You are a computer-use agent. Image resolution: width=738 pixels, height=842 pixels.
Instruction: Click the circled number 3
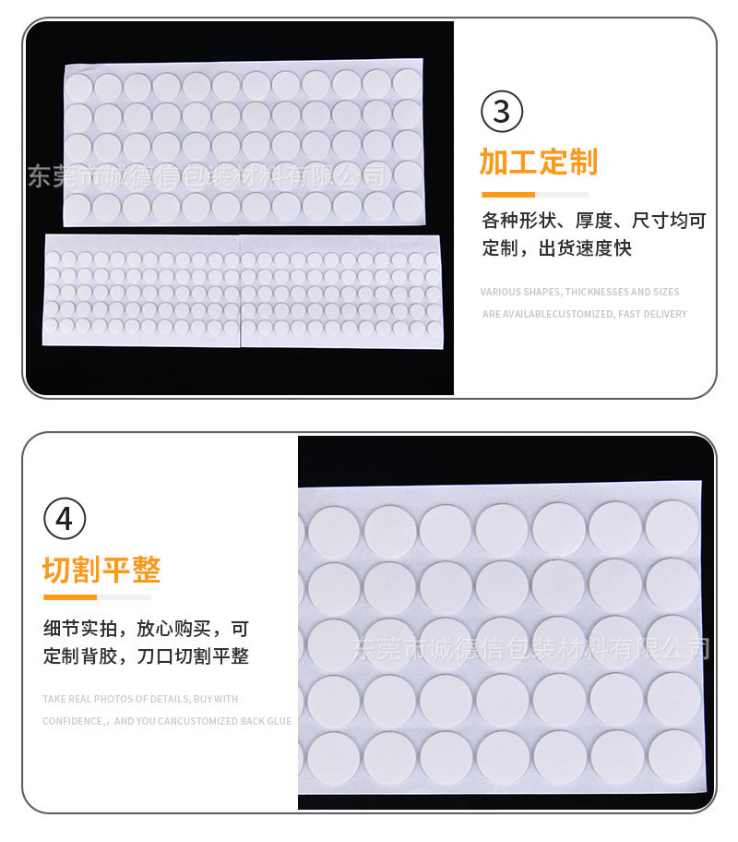tap(502, 112)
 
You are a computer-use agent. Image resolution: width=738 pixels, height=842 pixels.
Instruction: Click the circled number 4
tap(64, 519)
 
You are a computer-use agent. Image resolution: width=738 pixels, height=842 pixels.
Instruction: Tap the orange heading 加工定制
tap(538, 162)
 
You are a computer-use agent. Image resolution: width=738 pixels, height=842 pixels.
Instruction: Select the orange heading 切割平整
tap(101, 570)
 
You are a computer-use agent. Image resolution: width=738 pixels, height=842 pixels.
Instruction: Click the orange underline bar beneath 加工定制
tap(508, 195)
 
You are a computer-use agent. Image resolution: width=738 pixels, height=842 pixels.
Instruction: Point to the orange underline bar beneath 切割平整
tap(70, 597)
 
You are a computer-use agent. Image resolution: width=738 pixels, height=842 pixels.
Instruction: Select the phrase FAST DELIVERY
tap(653, 314)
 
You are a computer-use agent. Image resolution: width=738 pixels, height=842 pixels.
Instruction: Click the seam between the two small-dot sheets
tap(240, 290)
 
